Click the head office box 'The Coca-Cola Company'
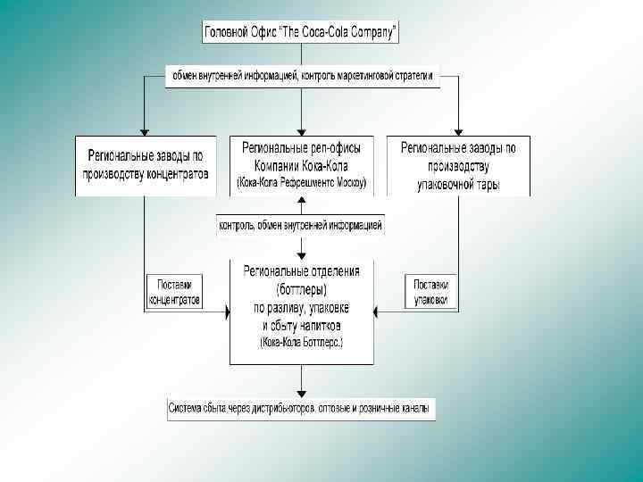coord(301,33)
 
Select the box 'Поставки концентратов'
coord(174,291)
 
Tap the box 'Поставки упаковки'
coord(431,291)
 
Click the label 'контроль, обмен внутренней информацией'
coord(301,226)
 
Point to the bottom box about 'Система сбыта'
coord(301,410)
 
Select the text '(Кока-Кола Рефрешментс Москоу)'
coord(301,183)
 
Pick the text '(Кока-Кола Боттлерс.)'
coord(301,342)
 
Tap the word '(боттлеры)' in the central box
coord(301,290)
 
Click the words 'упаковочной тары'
coord(458,185)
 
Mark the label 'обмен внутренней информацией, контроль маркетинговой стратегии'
coord(301,77)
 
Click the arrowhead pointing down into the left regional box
coord(145,130)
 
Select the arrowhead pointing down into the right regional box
coord(458,130)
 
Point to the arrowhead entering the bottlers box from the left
coord(224,310)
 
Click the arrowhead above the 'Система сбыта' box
coord(301,395)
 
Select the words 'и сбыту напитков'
coord(301,325)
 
